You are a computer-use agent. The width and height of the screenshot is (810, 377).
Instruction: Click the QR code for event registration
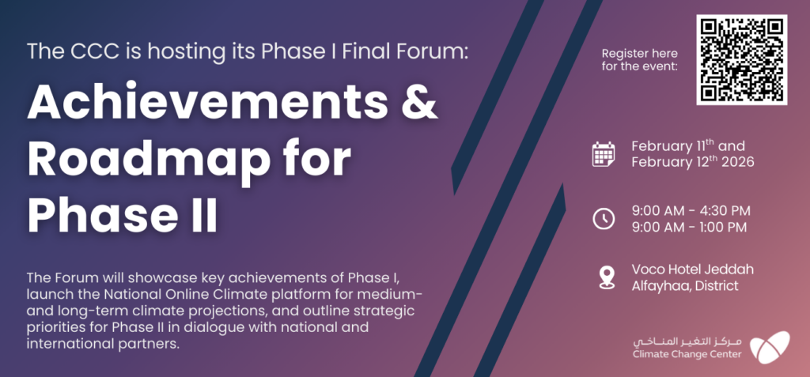coord(741,59)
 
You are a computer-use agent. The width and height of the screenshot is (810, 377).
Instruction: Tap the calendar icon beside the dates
coord(603,154)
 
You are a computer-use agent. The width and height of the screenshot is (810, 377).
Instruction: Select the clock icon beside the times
coord(603,218)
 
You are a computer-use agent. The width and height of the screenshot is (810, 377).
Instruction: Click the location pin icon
coord(607,277)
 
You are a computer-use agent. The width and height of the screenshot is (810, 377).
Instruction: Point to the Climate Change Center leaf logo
coord(769,347)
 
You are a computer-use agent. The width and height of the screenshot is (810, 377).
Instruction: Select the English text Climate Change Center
coord(687,354)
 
